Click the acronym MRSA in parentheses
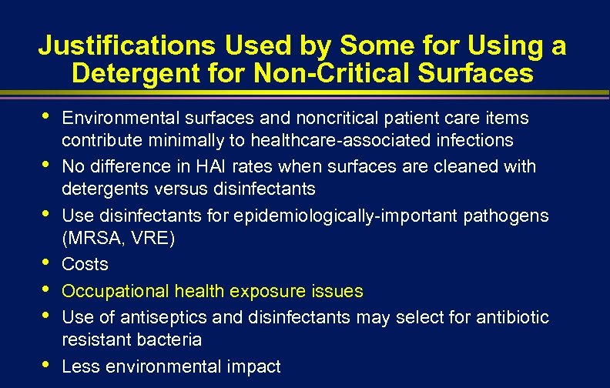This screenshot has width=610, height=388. pos(92,239)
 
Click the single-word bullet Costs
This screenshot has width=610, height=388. pos(85,264)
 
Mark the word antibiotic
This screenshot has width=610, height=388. pos(512,317)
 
